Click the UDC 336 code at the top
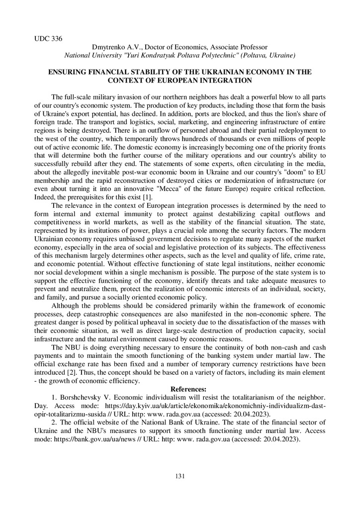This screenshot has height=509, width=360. [48, 38]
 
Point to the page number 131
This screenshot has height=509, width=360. [180, 477]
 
